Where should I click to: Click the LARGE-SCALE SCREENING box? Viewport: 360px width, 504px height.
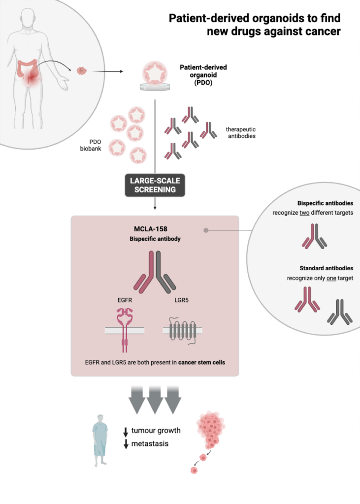point(155,185)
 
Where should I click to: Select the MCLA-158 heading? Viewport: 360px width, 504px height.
point(155,230)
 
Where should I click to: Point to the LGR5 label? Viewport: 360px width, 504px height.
point(180,300)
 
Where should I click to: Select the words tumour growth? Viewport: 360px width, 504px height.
point(156,431)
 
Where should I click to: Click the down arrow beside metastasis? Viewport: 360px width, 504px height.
point(126,444)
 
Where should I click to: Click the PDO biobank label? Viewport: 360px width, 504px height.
point(91,145)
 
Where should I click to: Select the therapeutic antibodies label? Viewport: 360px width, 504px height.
point(241,132)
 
